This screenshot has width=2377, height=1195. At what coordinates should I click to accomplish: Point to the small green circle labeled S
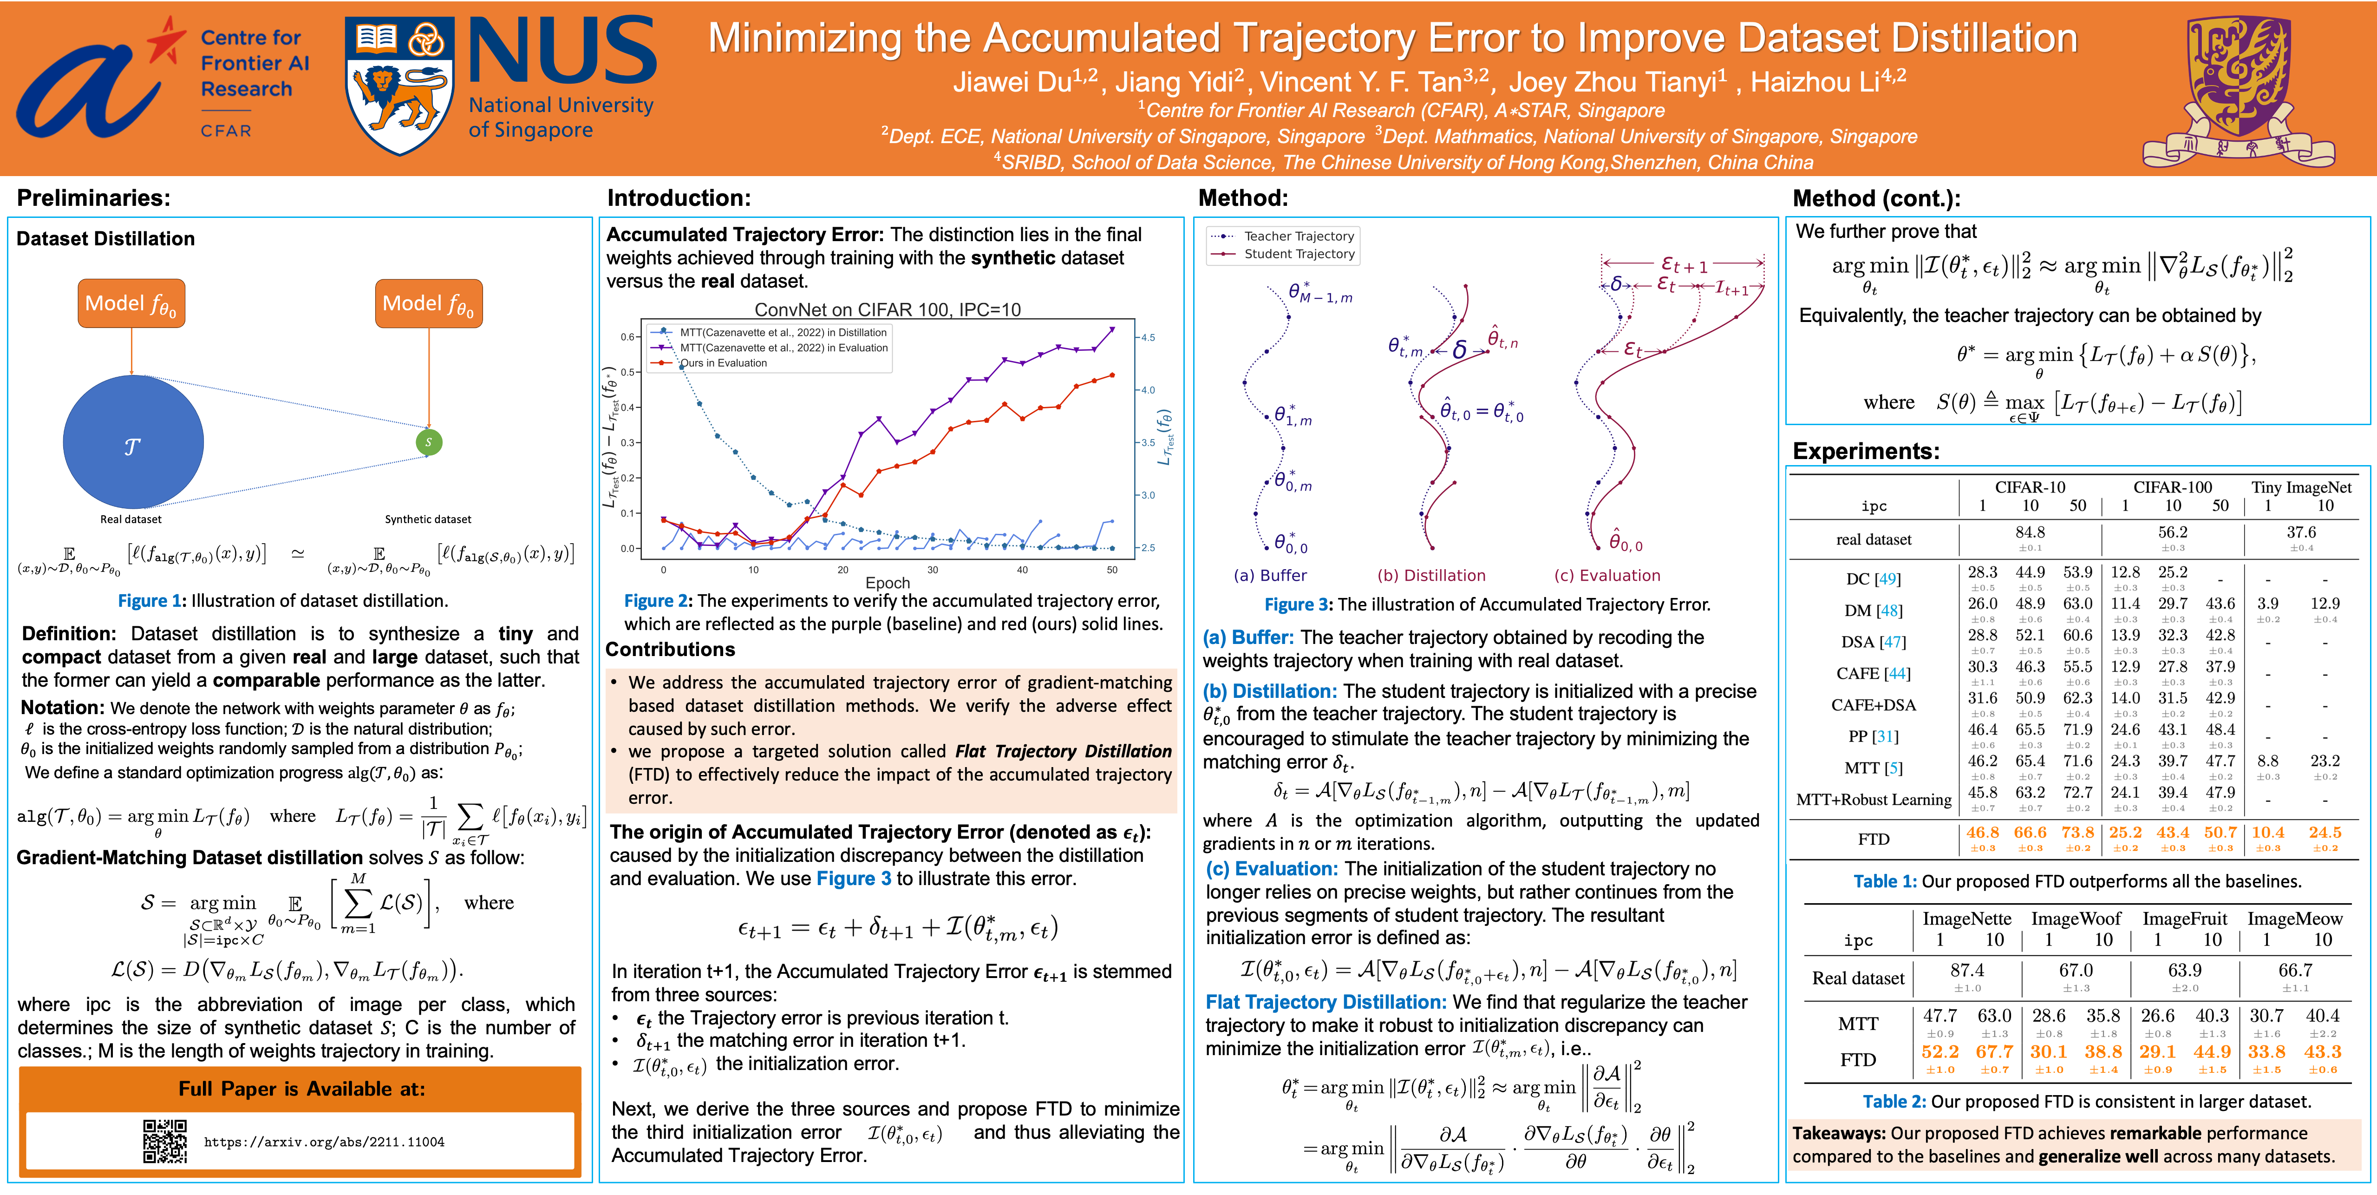(428, 442)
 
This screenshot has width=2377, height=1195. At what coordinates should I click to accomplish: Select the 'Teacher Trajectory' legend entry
(1298, 236)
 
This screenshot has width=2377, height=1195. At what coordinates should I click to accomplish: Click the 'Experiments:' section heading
(1866, 451)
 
